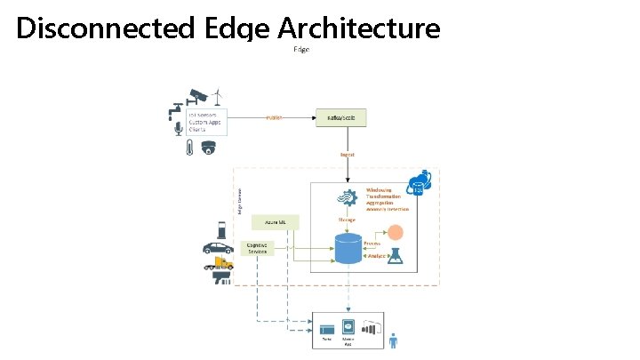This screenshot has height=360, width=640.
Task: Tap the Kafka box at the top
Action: (340, 117)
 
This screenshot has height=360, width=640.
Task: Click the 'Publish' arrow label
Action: (274, 117)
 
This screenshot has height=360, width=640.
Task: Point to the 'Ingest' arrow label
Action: (348, 154)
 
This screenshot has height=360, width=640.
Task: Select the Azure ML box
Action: (275, 220)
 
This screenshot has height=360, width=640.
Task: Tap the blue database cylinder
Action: (348, 248)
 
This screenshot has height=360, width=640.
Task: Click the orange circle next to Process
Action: (395, 234)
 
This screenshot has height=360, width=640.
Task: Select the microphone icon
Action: (179, 129)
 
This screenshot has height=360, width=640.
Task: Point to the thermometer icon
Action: (189, 148)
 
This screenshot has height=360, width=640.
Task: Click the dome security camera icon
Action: (209, 148)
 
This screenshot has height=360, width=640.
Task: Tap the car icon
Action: (219, 248)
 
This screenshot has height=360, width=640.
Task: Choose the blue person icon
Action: (394, 340)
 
